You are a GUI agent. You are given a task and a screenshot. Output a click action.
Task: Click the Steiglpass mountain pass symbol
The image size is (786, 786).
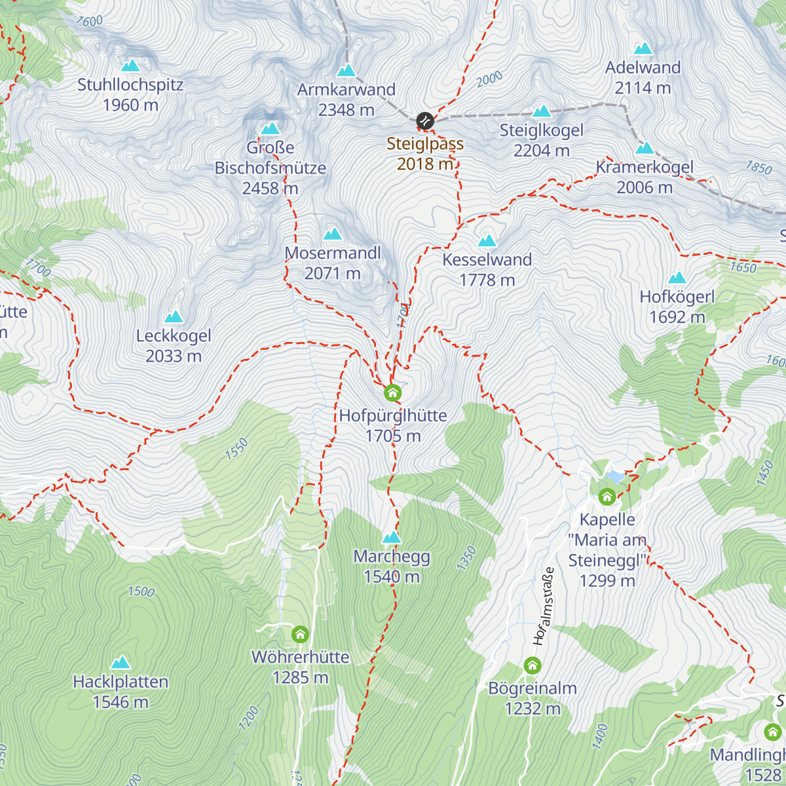pyautogui.click(x=425, y=121)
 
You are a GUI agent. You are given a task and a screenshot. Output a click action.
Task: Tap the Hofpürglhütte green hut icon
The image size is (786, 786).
pyautogui.click(x=392, y=393)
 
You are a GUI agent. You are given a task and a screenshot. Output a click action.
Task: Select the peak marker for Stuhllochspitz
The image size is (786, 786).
pyautogui.click(x=130, y=65)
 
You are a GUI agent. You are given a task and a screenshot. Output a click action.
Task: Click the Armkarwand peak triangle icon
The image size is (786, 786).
pyautogui.click(x=346, y=70)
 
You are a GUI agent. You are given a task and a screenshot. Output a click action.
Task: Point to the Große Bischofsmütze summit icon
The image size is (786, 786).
pyautogui.click(x=270, y=128)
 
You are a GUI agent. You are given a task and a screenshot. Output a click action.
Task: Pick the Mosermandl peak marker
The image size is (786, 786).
pyautogui.click(x=332, y=234)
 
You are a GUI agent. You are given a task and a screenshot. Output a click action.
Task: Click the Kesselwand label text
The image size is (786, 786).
pyautogui.click(x=487, y=259)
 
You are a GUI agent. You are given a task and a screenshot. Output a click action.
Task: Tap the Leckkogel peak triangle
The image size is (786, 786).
pyautogui.click(x=174, y=317)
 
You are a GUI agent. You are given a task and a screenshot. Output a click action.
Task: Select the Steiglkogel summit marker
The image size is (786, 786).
pyautogui.click(x=541, y=111)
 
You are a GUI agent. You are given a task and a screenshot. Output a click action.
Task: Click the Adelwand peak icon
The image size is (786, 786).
pyautogui.click(x=643, y=48)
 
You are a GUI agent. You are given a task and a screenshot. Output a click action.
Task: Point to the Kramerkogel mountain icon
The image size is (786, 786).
pyautogui.click(x=645, y=148)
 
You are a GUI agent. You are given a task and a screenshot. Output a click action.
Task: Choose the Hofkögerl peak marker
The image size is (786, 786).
pyautogui.click(x=677, y=278)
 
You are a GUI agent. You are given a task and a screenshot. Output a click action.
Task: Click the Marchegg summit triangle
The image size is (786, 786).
pyautogui.click(x=392, y=538)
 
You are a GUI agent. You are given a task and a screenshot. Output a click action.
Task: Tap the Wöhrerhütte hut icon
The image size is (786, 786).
pyautogui.click(x=300, y=635)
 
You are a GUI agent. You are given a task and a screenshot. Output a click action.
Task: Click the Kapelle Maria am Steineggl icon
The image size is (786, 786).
pyautogui.click(x=607, y=497)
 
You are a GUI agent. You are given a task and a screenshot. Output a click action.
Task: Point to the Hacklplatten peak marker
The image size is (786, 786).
pyautogui.click(x=121, y=663)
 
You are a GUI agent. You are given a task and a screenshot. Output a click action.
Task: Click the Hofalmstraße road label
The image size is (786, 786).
pyautogui.click(x=544, y=606)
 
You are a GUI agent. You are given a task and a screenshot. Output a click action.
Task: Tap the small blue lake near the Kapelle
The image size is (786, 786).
pyautogui.click(x=615, y=476)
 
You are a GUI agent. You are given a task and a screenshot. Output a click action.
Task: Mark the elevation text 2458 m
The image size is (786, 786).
pyautogui.click(x=270, y=188)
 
